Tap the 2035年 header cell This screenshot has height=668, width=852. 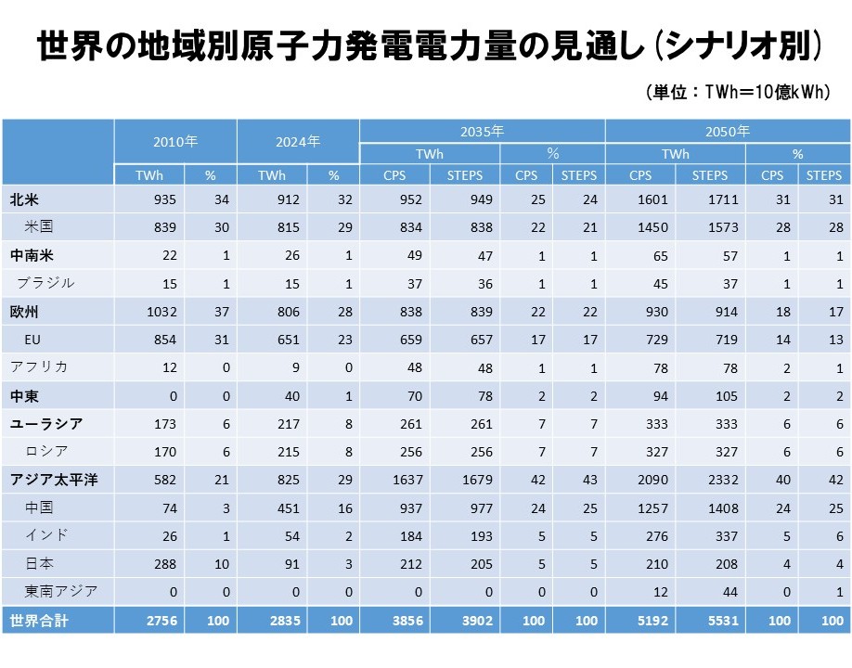(483, 131)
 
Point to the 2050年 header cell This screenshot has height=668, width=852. (728, 131)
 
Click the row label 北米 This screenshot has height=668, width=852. (24, 199)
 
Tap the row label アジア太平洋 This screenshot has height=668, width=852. (55, 479)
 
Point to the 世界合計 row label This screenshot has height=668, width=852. (37, 620)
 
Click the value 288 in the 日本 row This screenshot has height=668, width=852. (163, 563)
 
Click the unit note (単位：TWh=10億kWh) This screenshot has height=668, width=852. (737, 92)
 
